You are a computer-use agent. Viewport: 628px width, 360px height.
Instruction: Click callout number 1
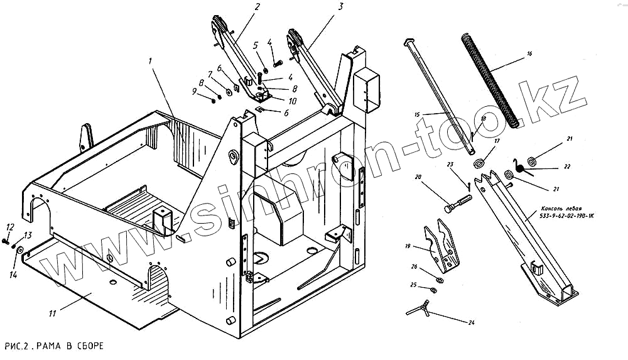click(151, 61)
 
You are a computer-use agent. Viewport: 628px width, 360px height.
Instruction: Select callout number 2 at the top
click(239, 7)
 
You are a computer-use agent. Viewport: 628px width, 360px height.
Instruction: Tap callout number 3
click(340, 7)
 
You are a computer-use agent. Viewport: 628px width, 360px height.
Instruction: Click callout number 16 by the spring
click(529, 55)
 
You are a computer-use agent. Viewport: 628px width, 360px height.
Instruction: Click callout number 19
click(408, 246)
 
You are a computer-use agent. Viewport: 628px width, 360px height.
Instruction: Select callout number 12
click(10, 227)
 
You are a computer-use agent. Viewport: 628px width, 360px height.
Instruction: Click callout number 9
click(195, 92)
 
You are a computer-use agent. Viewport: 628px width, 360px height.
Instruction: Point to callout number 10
click(293, 101)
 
